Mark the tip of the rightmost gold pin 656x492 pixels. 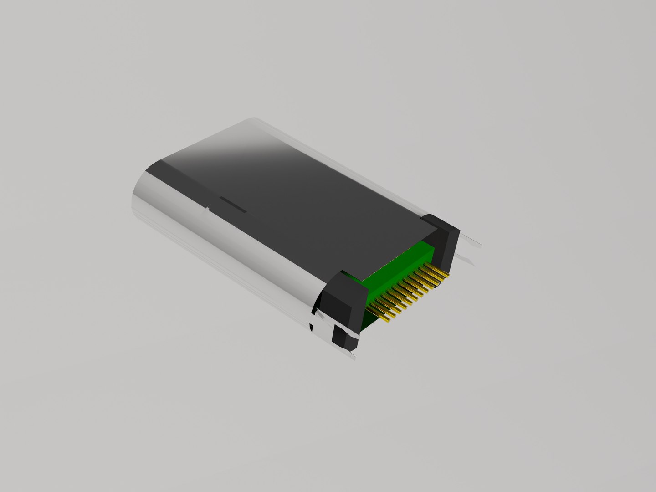click(449, 275)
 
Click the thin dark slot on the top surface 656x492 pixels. click(233, 205)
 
